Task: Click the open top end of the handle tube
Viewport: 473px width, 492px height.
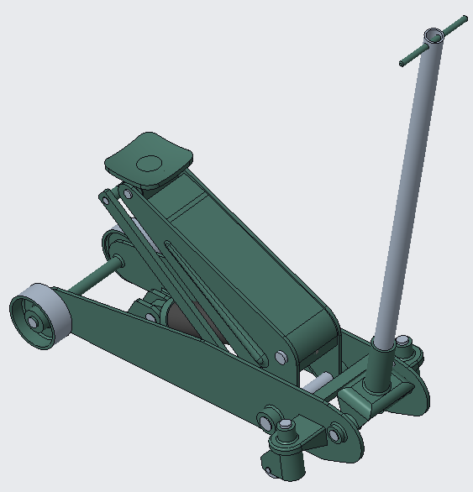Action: [x=433, y=37]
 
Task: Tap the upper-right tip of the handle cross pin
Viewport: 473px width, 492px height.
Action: [x=461, y=19]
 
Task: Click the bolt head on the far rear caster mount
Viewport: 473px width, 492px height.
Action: [x=404, y=343]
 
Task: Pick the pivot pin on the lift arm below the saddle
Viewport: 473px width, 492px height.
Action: [x=128, y=194]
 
